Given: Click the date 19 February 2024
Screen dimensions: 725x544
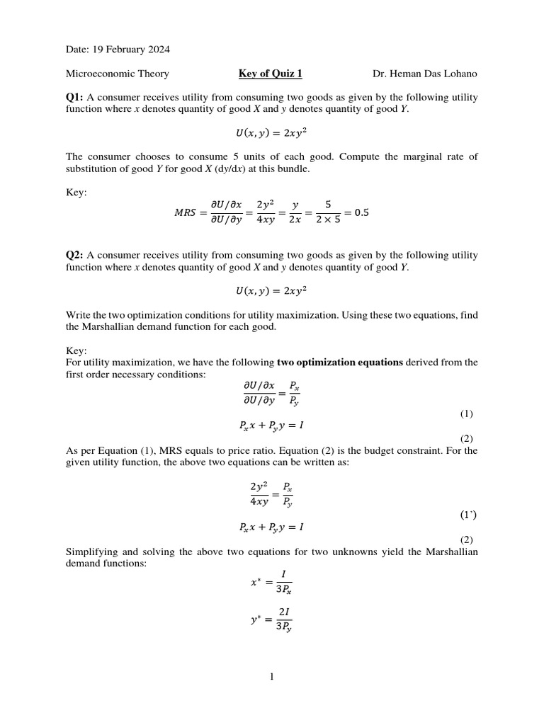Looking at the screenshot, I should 131,50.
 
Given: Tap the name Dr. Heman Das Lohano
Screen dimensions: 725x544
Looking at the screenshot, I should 425,73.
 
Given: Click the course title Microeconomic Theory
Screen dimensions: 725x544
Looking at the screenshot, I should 118,73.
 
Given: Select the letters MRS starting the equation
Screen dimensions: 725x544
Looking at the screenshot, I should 186,212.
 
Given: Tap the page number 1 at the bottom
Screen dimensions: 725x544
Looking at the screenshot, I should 271,677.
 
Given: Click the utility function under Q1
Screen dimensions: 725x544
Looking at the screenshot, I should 271,132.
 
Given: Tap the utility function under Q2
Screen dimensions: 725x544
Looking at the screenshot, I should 271,290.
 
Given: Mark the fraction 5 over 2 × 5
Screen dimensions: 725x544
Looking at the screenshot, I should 328,212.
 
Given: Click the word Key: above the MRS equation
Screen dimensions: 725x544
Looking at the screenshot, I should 76,193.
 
